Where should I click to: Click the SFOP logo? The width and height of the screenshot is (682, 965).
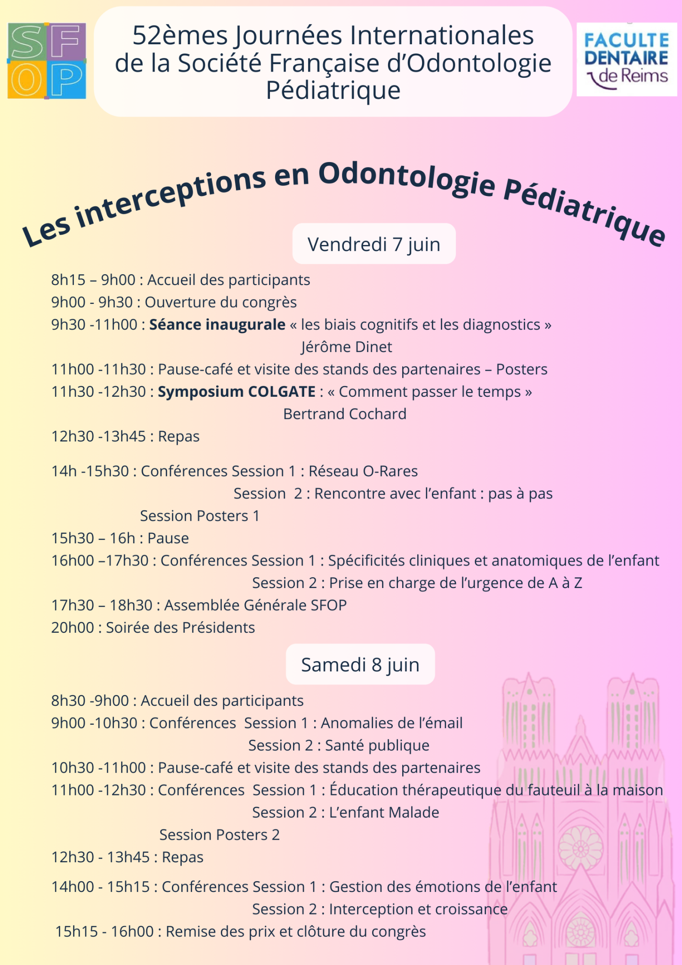[47, 61]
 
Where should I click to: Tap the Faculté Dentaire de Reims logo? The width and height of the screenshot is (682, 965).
[626, 59]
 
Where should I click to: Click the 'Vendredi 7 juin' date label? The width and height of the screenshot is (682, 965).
[374, 244]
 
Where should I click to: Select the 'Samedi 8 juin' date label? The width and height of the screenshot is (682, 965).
[360, 664]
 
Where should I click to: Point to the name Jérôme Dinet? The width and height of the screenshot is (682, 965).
[347, 347]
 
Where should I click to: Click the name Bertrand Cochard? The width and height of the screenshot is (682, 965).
[345, 414]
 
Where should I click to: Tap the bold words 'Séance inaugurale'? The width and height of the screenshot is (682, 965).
[217, 325]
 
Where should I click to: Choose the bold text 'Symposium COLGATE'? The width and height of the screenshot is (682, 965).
[236, 392]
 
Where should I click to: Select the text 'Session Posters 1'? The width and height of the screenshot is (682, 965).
[200, 516]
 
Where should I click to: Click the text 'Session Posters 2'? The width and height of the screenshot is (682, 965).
[219, 834]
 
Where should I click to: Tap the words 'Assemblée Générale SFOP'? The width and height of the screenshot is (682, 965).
[255, 605]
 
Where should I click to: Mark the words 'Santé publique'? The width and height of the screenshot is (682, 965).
[377, 745]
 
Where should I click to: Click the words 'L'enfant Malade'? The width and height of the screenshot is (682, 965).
[384, 812]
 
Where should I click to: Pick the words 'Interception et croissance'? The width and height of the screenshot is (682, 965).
[418, 909]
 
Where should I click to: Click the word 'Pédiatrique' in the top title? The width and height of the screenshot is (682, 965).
[333, 90]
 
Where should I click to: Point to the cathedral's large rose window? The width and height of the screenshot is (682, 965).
[580, 848]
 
